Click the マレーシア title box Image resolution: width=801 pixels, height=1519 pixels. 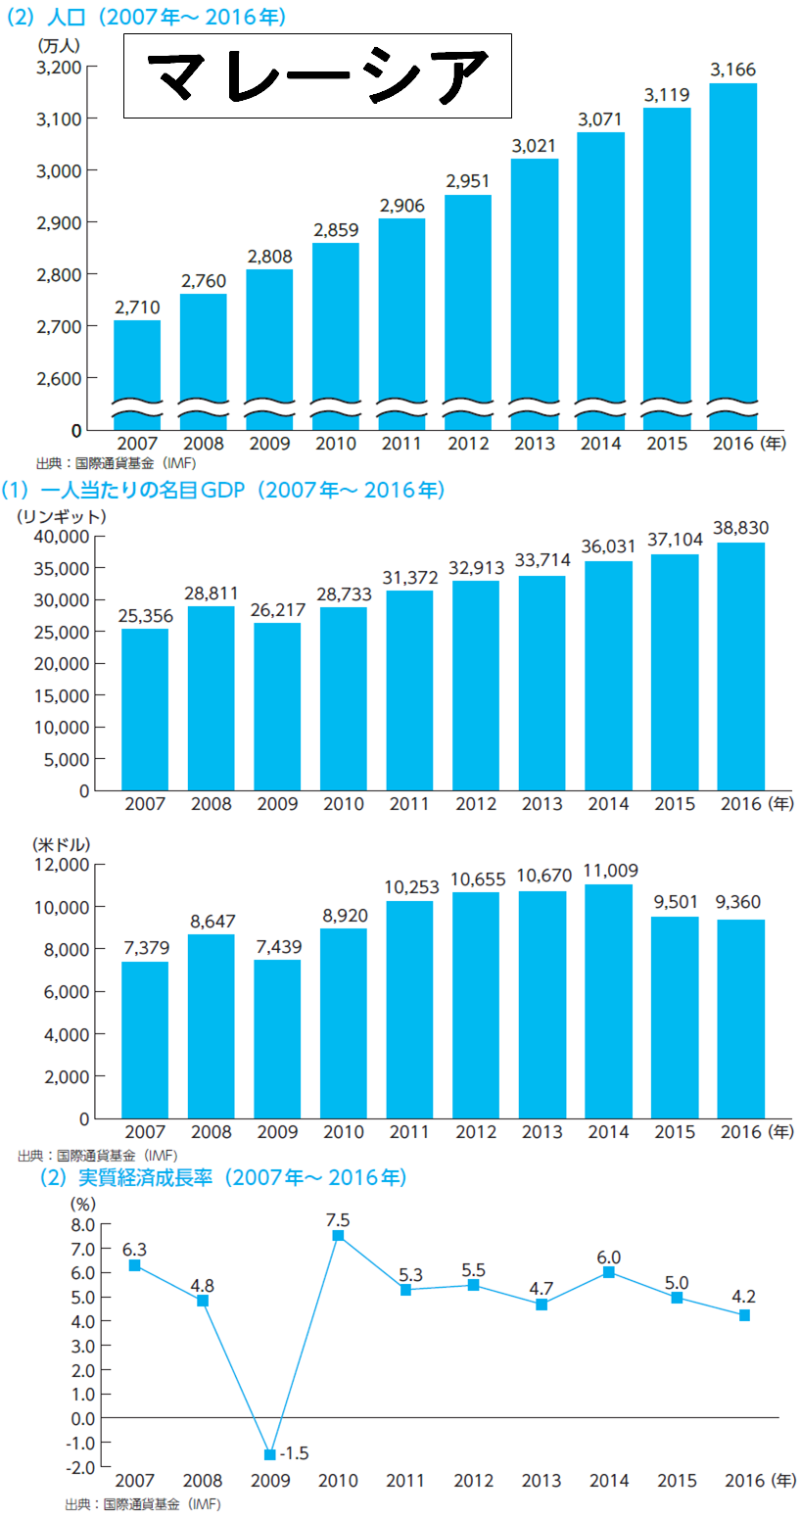pos(317,76)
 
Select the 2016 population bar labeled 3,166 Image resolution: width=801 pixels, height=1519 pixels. pos(732,255)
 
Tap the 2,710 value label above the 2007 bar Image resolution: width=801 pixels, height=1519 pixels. pos(136,308)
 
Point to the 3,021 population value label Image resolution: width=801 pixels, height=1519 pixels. pos(534,146)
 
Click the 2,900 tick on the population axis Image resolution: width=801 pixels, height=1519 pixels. pos(60,222)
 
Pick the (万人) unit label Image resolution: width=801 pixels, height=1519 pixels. pos(59,45)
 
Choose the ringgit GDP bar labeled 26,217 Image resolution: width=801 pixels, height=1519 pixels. pos(277,706)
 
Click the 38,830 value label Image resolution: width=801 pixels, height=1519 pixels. pos(741,526)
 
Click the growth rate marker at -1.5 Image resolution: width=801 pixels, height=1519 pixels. pos(269,1453)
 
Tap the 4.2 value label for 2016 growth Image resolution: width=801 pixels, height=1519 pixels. pos(744,1295)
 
